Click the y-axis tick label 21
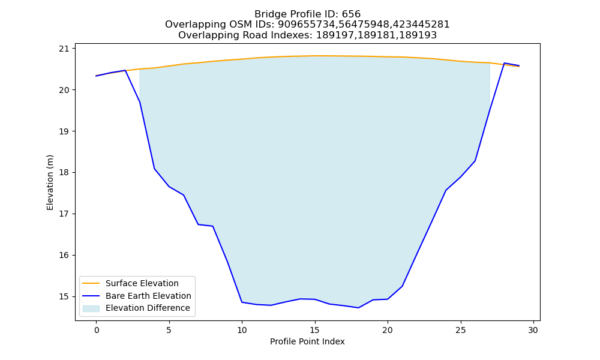(x=65, y=49)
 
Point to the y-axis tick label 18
(x=65, y=173)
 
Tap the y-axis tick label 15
(x=65, y=296)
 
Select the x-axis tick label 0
(x=96, y=330)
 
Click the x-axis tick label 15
(x=315, y=330)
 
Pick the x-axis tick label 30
(x=533, y=330)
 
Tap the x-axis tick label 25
(x=461, y=330)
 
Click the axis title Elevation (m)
(x=50, y=182)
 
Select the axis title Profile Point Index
(x=307, y=341)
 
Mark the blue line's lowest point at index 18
(x=359, y=308)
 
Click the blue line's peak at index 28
(x=505, y=63)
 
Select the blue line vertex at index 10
(x=242, y=302)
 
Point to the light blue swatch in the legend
(x=91, y=308)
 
